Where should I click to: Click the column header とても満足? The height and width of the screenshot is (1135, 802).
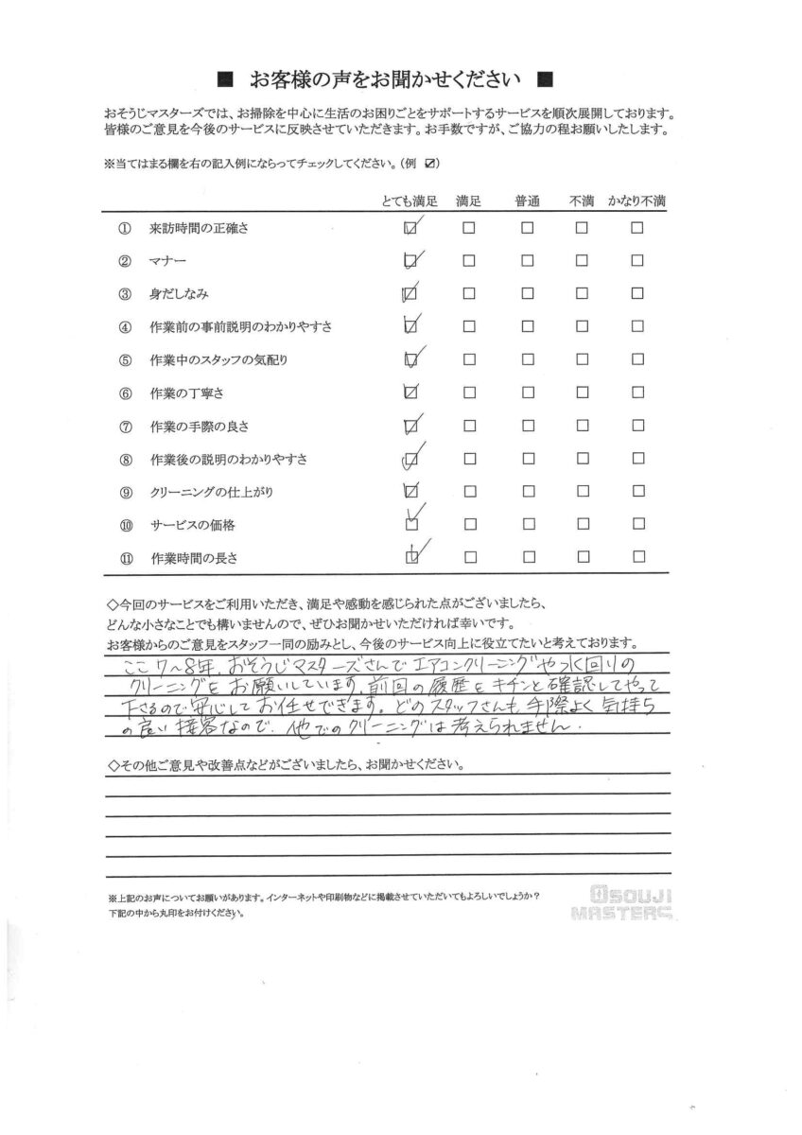[408, 201]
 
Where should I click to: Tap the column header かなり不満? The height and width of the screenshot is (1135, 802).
[636, 201]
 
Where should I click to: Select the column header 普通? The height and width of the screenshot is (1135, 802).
[527, 201]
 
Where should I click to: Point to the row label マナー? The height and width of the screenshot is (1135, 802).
[168, 261]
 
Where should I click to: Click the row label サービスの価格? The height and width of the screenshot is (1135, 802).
[193, 524]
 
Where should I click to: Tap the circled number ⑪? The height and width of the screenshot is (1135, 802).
[125, 557]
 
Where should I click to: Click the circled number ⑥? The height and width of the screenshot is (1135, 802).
[125, 393]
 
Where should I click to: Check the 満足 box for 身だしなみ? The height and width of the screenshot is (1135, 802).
[468, 293]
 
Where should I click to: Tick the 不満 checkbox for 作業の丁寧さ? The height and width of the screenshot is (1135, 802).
[582, 393]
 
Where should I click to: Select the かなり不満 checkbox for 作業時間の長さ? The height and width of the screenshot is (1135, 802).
[638, 557]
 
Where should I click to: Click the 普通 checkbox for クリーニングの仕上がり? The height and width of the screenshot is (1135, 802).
[527, 491]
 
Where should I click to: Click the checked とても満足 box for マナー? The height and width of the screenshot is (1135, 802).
[410, 261]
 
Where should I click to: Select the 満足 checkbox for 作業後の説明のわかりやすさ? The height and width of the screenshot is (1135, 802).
[468, 459]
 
